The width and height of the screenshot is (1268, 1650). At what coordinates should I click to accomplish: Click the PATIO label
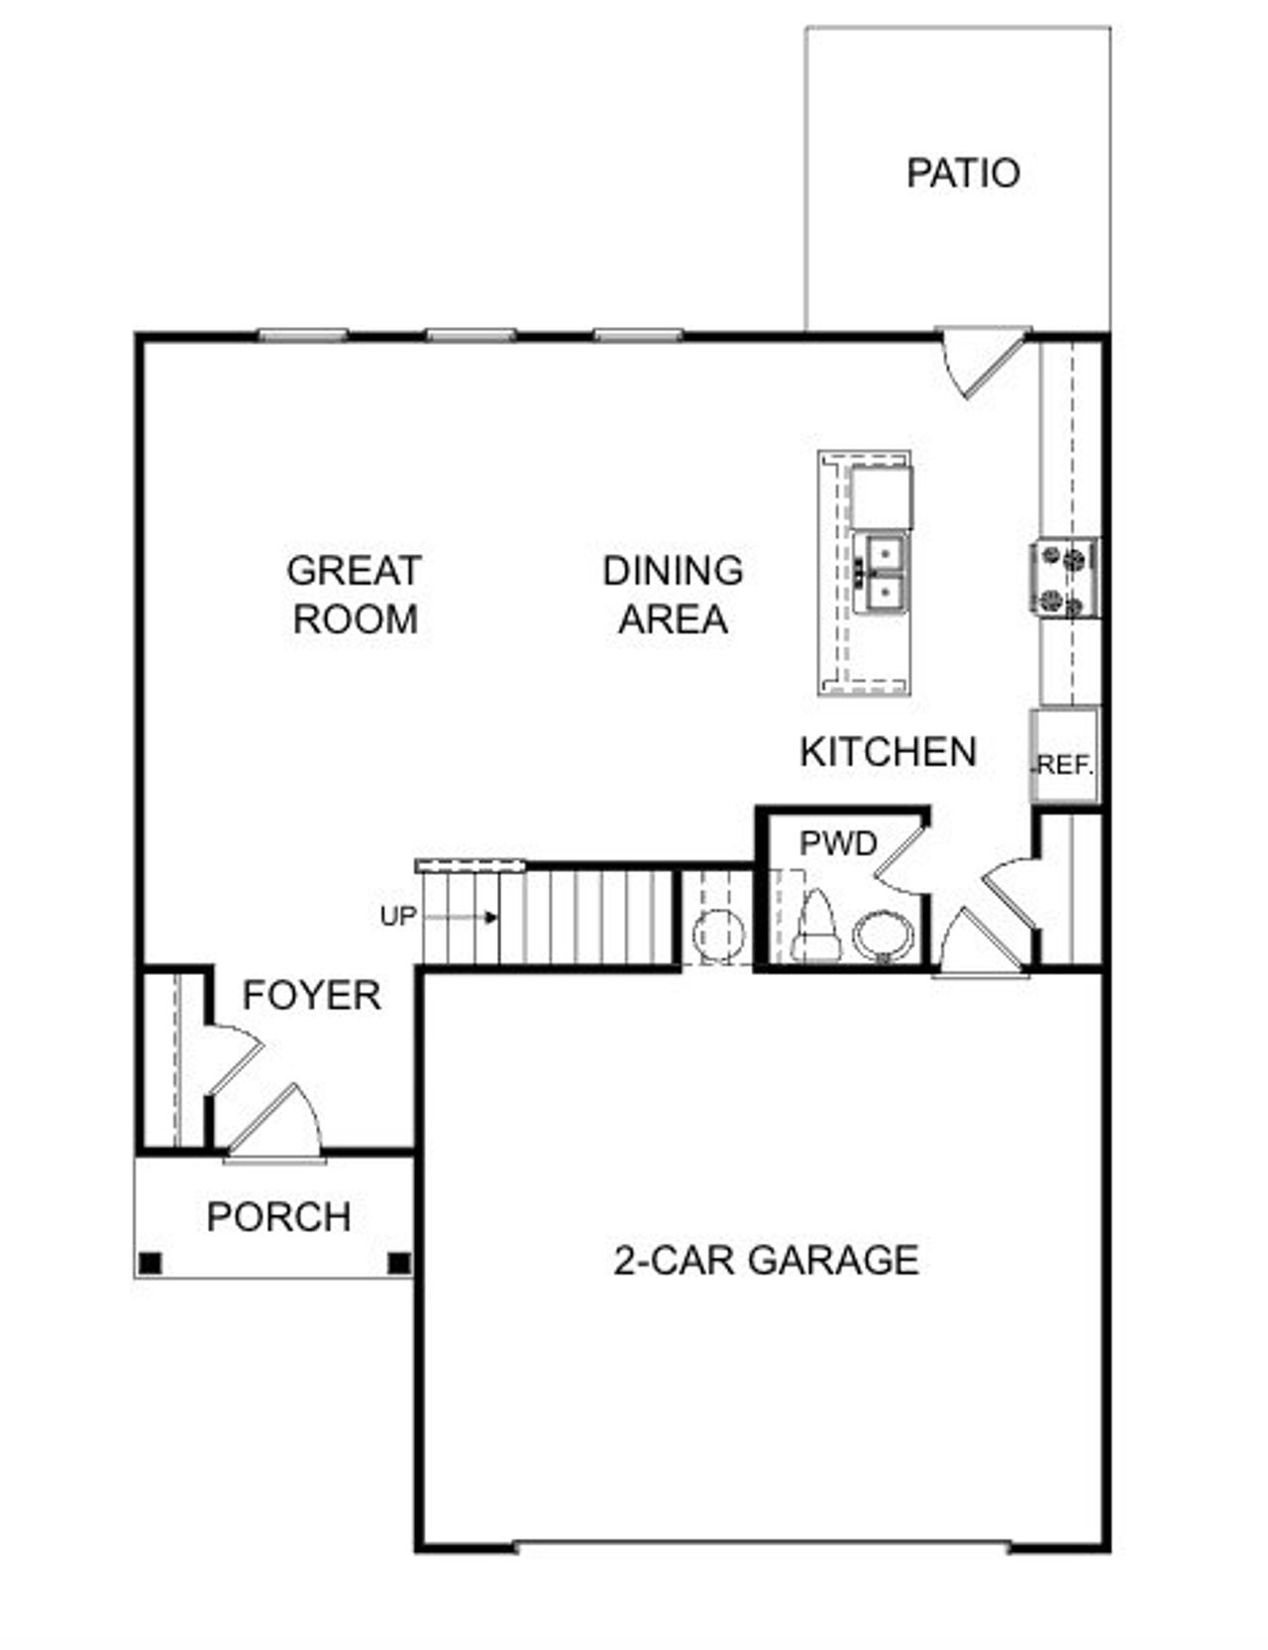point(963,173)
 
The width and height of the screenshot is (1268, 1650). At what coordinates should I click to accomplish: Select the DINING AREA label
point(673,595)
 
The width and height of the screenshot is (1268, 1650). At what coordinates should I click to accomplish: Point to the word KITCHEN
point(888,752)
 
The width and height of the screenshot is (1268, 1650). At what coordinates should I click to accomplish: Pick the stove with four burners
point(1064,579)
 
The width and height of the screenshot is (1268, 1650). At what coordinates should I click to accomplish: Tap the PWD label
point(838,843)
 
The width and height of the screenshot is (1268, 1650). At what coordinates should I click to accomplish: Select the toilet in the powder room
point(816,926)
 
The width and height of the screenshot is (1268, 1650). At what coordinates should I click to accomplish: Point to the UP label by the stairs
point(398,918)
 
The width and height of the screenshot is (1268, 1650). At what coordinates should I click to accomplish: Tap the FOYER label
point(312,995)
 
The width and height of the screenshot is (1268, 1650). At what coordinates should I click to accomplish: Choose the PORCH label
point(278,1217)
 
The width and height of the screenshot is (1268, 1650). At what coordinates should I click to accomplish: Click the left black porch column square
point(150,1263)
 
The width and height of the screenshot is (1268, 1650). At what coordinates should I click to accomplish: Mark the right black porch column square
point(399,1263)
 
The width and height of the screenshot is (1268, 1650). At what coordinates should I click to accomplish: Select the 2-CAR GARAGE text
point(767,1261)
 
